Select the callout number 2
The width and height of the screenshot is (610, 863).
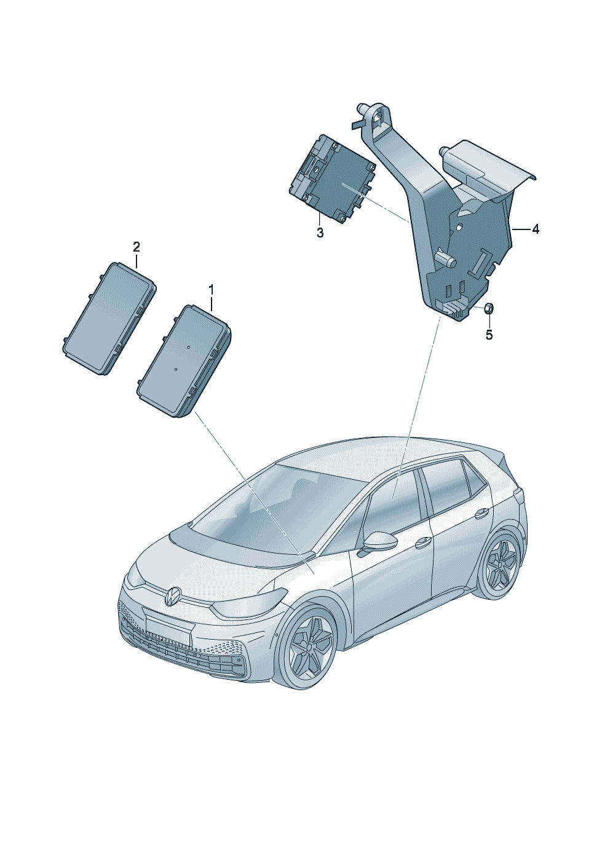137,246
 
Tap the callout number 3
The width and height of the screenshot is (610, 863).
320,233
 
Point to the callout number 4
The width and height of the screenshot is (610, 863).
536,229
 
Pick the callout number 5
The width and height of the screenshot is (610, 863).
489,335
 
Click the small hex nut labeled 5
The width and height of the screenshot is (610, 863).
487,308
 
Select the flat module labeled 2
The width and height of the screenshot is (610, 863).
109,319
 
